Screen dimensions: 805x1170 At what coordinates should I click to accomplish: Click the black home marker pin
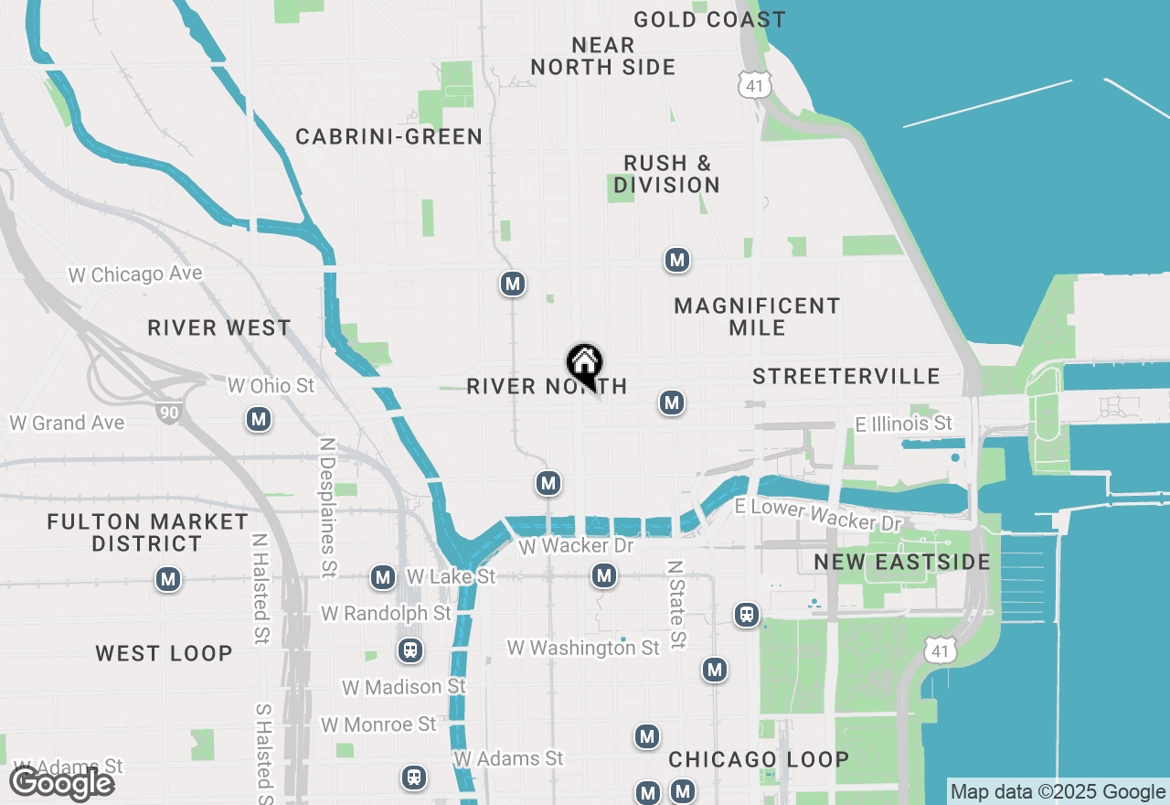click(x=584, y=364)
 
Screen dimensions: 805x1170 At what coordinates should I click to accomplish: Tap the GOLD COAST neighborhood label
click(x=709, y=19)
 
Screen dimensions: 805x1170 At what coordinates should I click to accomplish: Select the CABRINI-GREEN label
click(x=388, y=137)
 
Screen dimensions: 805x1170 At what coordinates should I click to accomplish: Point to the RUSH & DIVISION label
click(x=666, y=174)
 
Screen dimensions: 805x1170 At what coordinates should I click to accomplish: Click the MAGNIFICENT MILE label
click(x=757, y=317)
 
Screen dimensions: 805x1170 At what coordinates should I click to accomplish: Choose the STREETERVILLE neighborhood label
click(x=846, y=376)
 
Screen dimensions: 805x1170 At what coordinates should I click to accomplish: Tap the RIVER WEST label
click(x=219, y=327)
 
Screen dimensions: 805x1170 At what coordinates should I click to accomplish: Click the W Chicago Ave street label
click(x=135, y=274)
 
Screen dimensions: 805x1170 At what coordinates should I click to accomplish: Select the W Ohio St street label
click(x=271, y=386)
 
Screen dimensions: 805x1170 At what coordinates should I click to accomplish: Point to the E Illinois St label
click(x=903, y=424)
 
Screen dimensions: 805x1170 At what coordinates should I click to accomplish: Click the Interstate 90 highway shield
click(x=167, y=413)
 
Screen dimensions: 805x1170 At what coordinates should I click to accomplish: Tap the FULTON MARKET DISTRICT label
click(x=147, y=532)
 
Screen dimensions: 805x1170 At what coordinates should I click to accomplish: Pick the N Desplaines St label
click(x=327, y=507)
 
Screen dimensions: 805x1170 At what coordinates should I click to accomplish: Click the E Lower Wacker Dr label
click(x=818, y=515)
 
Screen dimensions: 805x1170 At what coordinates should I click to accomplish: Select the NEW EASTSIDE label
click(x=902, y=562)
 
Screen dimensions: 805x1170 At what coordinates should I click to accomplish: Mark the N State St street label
click(x=675, y=605)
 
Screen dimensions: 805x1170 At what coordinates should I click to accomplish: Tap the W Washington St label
click(x=583, y=648)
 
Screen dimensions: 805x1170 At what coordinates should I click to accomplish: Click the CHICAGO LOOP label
click(x=759, y=759)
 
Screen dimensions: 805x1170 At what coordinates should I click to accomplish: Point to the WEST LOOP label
click(x=165, y=653)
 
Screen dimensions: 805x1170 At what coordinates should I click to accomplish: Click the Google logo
click(x=62, y=784)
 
